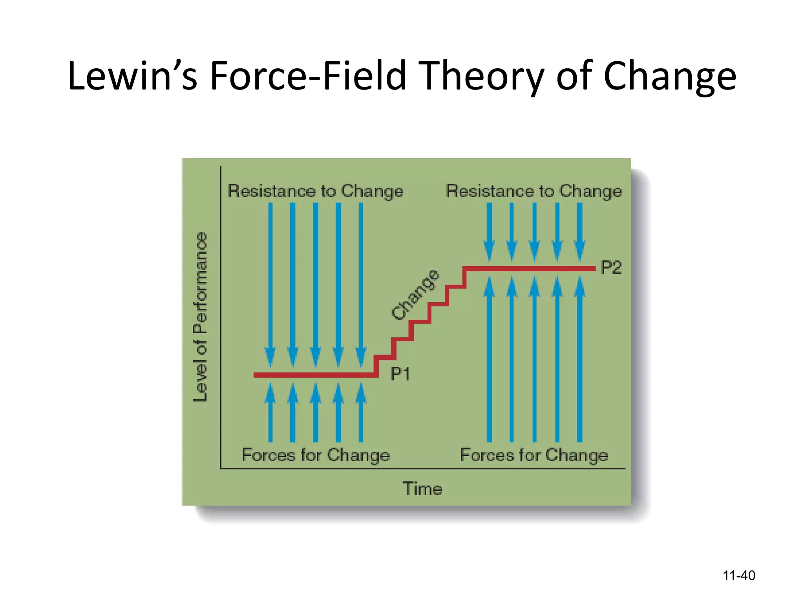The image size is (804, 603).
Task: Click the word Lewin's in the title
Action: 132,76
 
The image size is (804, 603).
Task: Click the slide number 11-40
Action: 738,576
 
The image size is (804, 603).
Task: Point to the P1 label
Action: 400,374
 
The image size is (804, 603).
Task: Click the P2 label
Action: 611,268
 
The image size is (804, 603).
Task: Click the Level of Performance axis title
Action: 200,316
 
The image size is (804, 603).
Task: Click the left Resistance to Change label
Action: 315,191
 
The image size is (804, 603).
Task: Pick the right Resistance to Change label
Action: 534,191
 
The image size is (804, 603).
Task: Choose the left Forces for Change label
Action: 316,455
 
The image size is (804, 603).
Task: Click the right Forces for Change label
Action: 534,455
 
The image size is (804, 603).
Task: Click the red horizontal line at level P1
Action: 314,375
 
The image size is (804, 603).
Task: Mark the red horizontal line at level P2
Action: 530,269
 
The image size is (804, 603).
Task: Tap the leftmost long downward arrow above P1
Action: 270,283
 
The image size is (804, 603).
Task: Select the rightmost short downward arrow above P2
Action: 579,232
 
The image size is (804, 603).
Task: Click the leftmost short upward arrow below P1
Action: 270,412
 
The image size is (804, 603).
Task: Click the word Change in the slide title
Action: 669,76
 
